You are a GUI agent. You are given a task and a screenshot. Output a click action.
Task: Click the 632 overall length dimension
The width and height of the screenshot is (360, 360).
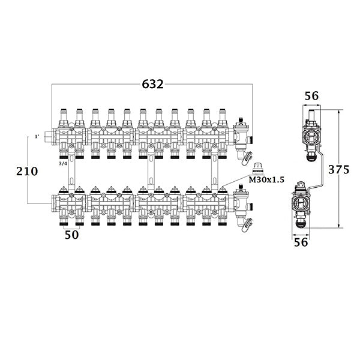152,84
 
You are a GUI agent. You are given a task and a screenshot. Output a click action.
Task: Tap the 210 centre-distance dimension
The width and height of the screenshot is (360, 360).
26,171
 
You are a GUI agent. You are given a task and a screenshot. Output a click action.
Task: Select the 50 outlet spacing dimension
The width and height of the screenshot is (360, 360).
71,235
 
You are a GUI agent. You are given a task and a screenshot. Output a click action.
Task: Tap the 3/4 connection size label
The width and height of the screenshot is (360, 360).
63,163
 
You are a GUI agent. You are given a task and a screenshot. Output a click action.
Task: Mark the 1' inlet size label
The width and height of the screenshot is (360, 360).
37,137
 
